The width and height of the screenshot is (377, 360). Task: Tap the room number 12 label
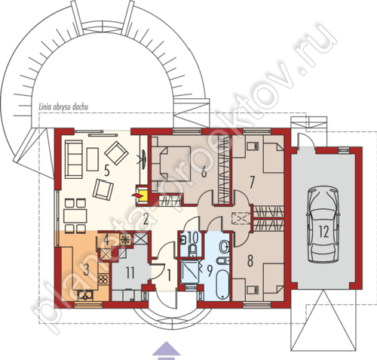323,232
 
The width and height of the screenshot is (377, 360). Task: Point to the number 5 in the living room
107,171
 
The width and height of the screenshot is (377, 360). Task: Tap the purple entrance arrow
167,350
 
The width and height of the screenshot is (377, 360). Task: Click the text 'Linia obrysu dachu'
63,107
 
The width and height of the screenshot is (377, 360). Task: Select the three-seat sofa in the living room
74,159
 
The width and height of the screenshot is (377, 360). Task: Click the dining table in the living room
75,216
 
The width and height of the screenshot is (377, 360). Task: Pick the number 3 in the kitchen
86,269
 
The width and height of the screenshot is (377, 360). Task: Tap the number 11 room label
130,273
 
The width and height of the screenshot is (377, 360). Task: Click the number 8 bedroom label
250,261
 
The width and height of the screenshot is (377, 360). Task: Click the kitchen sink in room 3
85,295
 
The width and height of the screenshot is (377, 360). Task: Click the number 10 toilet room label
193,238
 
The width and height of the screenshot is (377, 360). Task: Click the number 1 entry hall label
169,275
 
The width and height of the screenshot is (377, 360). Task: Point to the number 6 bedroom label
204,172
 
